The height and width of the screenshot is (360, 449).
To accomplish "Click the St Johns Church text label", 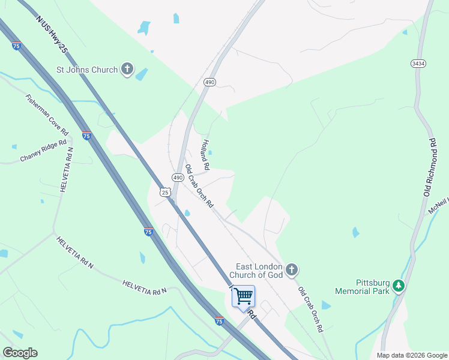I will click(87, 70).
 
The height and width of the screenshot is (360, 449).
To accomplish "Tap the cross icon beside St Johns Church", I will click(127, 69).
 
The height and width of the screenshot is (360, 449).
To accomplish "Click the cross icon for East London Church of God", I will click(292, 270).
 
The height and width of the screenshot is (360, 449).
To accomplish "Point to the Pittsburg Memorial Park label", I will click(364, 286).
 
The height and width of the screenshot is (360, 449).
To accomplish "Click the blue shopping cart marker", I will click(243, 296).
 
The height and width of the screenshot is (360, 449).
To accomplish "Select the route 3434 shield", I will click(418, 63).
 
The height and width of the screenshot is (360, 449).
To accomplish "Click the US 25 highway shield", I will click(165, 191).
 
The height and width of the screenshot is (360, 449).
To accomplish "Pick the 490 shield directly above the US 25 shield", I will click(178, 178).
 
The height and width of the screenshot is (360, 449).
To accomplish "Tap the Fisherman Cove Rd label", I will click(47, 114).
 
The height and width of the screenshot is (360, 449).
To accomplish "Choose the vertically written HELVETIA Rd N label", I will click(66, 170).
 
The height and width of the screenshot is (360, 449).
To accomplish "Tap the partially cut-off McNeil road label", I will click(438, 206).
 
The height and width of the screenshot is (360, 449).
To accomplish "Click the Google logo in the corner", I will click(20, 353).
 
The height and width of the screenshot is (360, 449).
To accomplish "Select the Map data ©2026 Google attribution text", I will click(412, 355).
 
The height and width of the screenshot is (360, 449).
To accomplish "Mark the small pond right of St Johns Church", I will click(142, 74).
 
